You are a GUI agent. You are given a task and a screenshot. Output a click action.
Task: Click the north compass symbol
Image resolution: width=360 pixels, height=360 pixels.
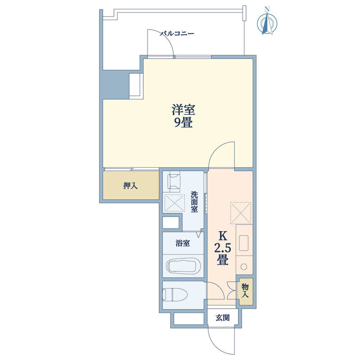tap(267, 21)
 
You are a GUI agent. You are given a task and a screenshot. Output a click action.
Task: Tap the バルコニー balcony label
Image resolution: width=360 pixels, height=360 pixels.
tap(177, 34)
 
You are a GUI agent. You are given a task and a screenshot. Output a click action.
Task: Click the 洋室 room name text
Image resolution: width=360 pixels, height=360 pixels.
tap(184, 110)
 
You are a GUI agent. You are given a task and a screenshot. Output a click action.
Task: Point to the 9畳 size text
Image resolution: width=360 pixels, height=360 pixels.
tap(183, 123)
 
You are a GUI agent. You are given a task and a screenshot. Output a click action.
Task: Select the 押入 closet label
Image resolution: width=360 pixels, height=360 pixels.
tap(130, 185)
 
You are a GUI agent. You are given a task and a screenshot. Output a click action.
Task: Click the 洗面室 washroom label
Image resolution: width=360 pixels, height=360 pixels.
tap(194, 202)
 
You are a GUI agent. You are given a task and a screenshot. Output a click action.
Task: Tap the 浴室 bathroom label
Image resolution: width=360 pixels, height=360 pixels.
tap(183, 243)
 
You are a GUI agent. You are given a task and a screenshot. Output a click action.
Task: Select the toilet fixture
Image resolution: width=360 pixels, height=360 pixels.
tap(175, 295)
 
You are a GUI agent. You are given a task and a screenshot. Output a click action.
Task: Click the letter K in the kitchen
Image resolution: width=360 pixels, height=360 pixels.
tap(222, 236)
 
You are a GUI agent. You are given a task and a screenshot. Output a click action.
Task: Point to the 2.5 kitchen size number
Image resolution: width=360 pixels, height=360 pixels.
tap(222, 248)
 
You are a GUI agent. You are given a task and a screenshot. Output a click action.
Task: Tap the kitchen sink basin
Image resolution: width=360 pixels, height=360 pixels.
tap(243, 243)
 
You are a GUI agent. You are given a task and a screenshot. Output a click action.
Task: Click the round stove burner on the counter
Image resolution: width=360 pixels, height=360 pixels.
tap(244, 266)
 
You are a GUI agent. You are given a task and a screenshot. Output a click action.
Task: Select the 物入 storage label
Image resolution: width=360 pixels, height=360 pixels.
tap(245, 290)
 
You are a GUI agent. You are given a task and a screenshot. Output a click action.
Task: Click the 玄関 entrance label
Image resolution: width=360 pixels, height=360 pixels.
tap(222, 318)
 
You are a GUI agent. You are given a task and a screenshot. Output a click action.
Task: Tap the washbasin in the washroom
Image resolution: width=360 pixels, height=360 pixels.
tap(174, 182)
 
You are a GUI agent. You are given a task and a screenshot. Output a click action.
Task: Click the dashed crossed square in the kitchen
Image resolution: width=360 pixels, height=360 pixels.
tap(241, 213)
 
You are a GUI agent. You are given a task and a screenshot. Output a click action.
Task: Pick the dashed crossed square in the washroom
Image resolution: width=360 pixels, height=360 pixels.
tap(175, 202)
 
